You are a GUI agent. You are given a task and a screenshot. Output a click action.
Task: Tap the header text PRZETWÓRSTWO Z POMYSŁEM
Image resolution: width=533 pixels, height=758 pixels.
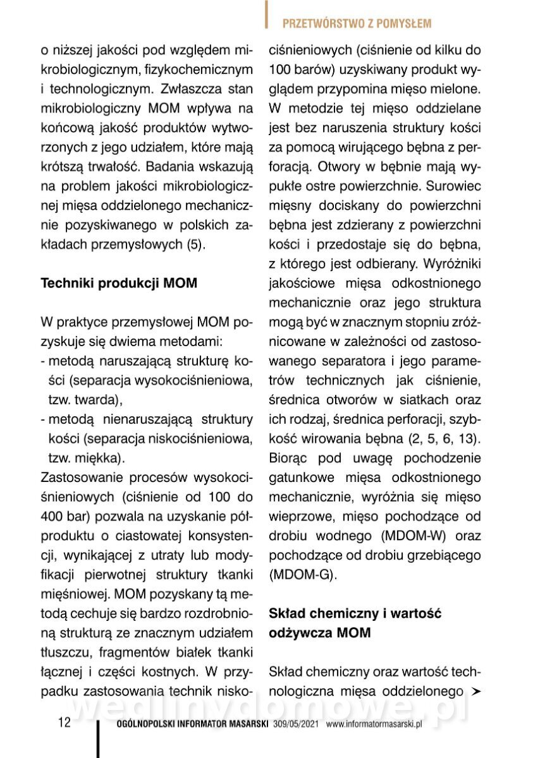(357, 24)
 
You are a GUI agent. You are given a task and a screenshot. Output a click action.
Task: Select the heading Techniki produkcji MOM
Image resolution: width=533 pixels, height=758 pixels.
(119, 284)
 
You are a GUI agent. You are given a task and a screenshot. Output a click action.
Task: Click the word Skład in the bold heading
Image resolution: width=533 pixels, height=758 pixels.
(290, 612)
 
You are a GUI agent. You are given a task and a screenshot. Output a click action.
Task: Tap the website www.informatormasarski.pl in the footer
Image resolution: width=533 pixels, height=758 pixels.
(374, 725)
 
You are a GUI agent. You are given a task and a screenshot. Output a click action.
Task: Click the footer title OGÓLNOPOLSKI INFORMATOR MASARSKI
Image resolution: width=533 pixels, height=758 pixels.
(193, 725)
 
